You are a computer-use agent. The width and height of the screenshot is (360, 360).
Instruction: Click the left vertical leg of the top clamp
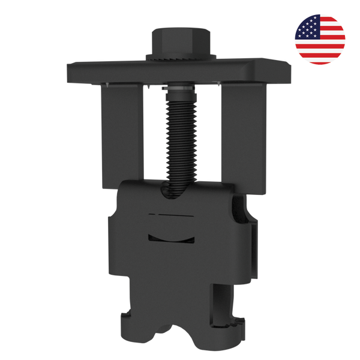click(x=122, y=135)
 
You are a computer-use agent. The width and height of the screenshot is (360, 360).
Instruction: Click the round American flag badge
click(x=320, y=38)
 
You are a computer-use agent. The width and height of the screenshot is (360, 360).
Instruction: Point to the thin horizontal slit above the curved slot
click(x=174, y=214)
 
